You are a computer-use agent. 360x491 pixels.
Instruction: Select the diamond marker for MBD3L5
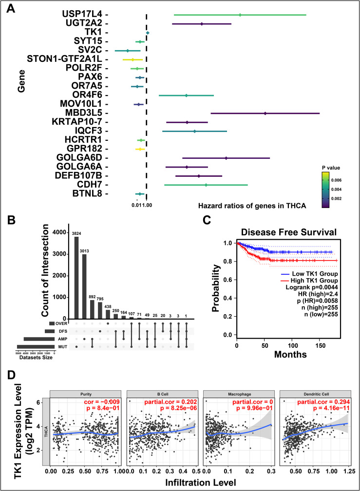(x=265, y=113)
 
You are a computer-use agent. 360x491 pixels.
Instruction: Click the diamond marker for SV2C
(x=127, y=51)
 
